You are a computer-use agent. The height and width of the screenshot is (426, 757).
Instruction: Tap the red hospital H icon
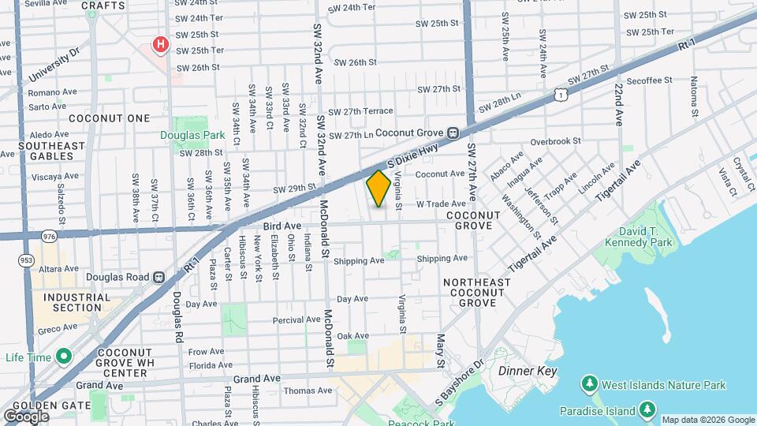tap(161, 44)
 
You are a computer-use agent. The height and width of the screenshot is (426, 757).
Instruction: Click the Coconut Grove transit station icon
tap(453, 133)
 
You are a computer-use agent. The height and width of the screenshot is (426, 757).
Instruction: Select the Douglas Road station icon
tap(158, 277)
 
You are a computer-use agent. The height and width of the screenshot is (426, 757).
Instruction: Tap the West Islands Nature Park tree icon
tap(588, 385)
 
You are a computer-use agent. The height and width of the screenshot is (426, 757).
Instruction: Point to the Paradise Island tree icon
tap(647, 410)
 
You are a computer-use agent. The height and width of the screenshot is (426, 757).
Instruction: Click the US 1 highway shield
tap(560, 95)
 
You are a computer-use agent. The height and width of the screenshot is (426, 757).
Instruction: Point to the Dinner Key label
tap(528, 371)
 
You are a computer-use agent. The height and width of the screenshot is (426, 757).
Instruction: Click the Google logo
tap(27, 416)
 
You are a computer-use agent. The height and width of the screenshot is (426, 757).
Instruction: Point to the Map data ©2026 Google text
tap(707, 420)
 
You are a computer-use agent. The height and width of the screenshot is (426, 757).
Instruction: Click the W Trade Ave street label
tap(435, 204)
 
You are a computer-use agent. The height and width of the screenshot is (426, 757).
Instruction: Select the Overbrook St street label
tap(555, 141)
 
